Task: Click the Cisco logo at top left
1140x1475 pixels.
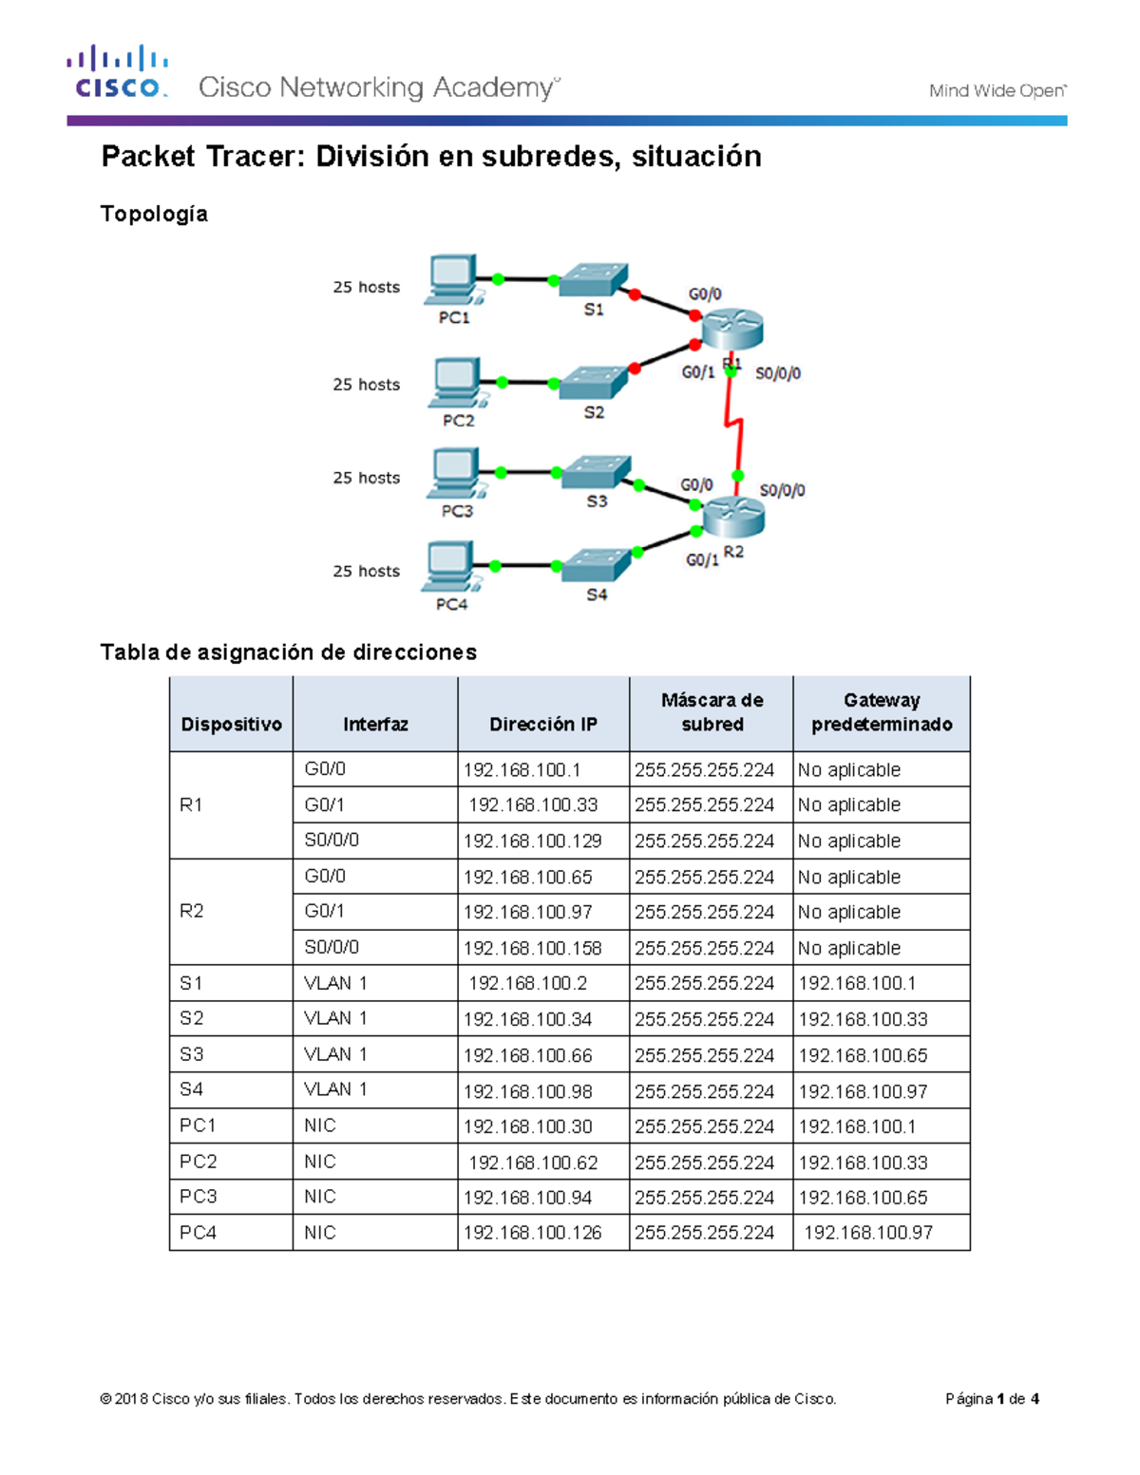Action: coord(118,72)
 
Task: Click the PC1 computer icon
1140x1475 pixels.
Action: coord(452,279)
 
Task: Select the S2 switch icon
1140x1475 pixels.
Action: coord(594,383)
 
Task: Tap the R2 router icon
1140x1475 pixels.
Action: coord(732,516)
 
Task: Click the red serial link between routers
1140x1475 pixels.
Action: coord(734,424)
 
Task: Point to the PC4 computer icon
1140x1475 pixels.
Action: coord(450,567)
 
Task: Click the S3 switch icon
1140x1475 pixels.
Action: coord(597,472)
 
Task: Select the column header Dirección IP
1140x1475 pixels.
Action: coord(542,724)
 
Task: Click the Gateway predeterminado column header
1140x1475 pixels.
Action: coord(881,712)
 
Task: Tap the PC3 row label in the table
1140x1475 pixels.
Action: coord(199,1197)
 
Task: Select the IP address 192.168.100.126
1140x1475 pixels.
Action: coord(532,1233)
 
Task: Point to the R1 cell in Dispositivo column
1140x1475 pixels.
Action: coord(191,805)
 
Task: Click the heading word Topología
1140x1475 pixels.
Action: coord(154,214)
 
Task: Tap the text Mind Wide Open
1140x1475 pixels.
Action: coord(997,91)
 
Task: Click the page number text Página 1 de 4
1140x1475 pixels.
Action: coord(991,1399)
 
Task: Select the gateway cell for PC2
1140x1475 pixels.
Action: coord(863,1163)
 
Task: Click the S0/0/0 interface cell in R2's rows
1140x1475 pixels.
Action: coord(332,947)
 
